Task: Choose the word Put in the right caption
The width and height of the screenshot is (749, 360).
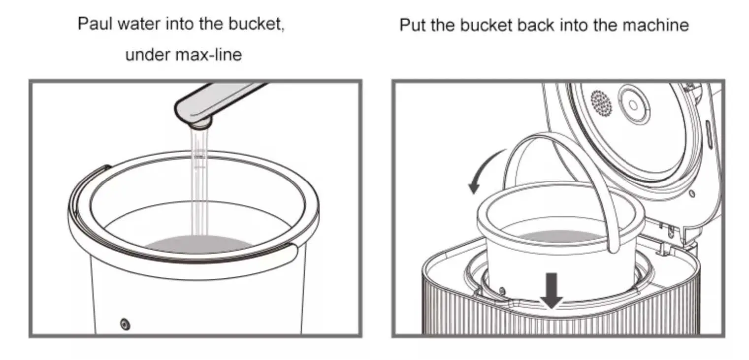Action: (x=413, y=25)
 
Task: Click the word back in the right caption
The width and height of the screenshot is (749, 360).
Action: (x=541, y=25)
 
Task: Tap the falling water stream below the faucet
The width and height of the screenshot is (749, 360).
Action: (x=198, y=187)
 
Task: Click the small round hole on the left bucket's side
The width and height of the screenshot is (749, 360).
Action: (x=126, y=324)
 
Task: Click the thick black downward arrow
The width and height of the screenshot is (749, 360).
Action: (x=552, y=291)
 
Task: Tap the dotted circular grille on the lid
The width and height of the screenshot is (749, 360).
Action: (x=601, y=103)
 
